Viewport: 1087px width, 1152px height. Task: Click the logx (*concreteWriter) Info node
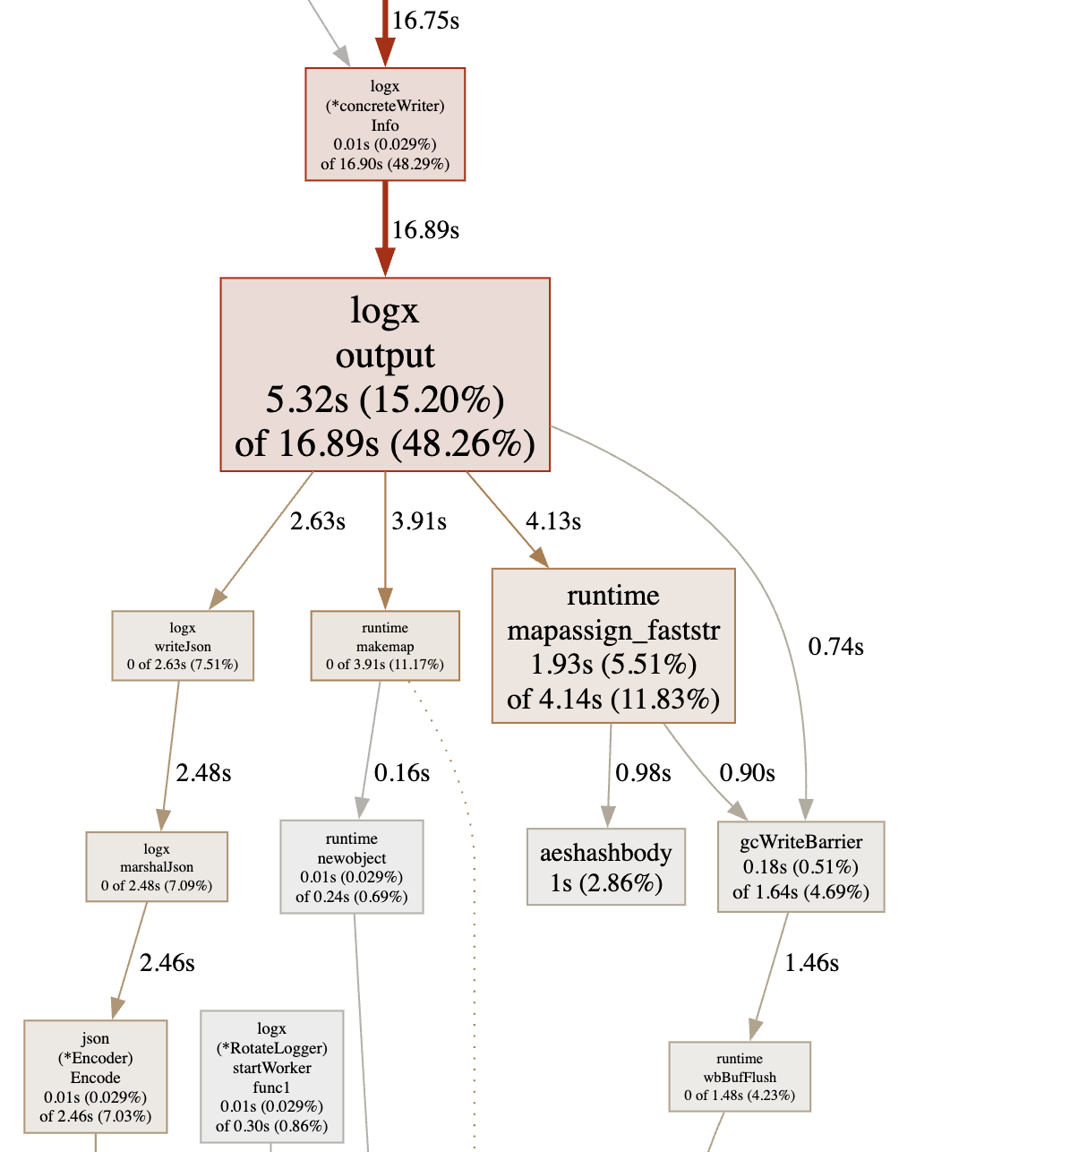[385, 125]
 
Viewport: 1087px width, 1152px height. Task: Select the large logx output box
[385, 374]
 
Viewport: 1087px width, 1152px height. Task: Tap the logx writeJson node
[183, 646]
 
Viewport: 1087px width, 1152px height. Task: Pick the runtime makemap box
[385, 646]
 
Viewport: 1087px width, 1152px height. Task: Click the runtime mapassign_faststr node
[613, 646]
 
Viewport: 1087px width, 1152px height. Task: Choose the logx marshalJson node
[157, 867]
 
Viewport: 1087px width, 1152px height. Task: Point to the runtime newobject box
[352, 867]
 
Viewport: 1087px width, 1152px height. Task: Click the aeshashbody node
[606, 867]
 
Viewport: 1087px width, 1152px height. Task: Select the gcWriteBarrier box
[801, 867]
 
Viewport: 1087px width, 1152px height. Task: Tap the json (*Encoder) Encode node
[96, 1077]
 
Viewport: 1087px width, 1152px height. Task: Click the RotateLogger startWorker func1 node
[272, 1077]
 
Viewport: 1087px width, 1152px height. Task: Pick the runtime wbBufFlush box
[740, 1077]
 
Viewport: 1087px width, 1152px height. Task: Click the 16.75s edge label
[425, 21]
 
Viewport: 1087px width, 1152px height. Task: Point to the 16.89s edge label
[425, 230]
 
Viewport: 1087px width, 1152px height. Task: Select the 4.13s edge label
[553, 521]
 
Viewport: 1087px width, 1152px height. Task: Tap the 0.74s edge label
[835, 647]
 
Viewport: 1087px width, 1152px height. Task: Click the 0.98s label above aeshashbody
[643, 773]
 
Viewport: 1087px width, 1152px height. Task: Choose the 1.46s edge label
[811, 963]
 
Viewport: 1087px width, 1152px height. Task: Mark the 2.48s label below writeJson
[203, 773]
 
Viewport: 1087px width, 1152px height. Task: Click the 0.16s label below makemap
[402, 773]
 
